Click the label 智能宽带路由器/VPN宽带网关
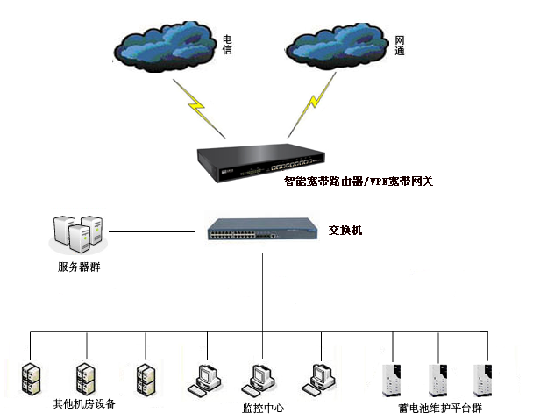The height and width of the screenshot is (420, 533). (x=359, y=182)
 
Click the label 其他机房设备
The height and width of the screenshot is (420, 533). (x=84, y=404)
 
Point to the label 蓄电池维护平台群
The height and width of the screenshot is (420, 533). (x=440, y=409)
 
